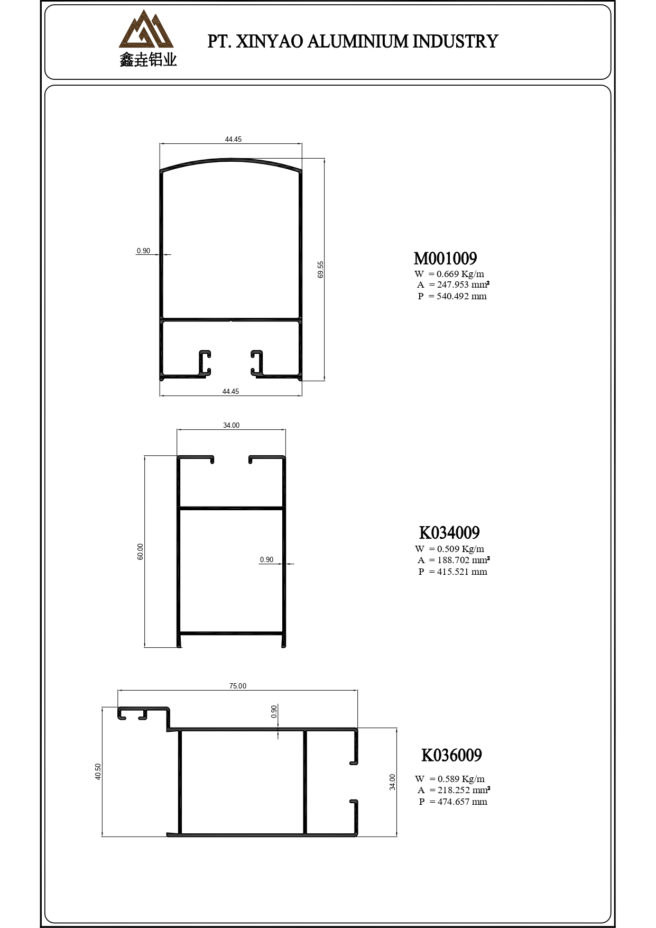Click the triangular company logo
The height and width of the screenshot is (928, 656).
coord(146,30)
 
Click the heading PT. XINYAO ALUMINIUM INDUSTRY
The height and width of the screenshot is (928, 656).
coord(353,41)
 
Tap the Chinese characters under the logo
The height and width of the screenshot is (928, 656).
coord(148,60)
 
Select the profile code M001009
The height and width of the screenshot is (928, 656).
coord(445,258)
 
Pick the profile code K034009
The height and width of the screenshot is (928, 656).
coord(449,532)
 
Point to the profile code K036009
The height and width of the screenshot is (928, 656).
coord(451,755)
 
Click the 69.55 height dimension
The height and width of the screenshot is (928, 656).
coord(320,269)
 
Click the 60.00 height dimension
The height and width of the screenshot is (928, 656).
coord(140,552)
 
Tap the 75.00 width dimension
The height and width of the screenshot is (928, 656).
coord(238,686)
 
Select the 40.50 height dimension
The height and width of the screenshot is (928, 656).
coord(98,771)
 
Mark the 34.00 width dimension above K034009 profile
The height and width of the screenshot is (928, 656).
coord(231,425)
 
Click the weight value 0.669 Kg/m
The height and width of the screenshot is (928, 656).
coord(460,274)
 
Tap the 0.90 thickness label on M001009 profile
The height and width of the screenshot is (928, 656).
coord(143,251)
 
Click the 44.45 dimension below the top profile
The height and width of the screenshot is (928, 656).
coord(230,391)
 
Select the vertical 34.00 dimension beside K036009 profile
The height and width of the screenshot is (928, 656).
coord(392,782)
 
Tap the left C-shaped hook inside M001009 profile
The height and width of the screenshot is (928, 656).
coord(205,363)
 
